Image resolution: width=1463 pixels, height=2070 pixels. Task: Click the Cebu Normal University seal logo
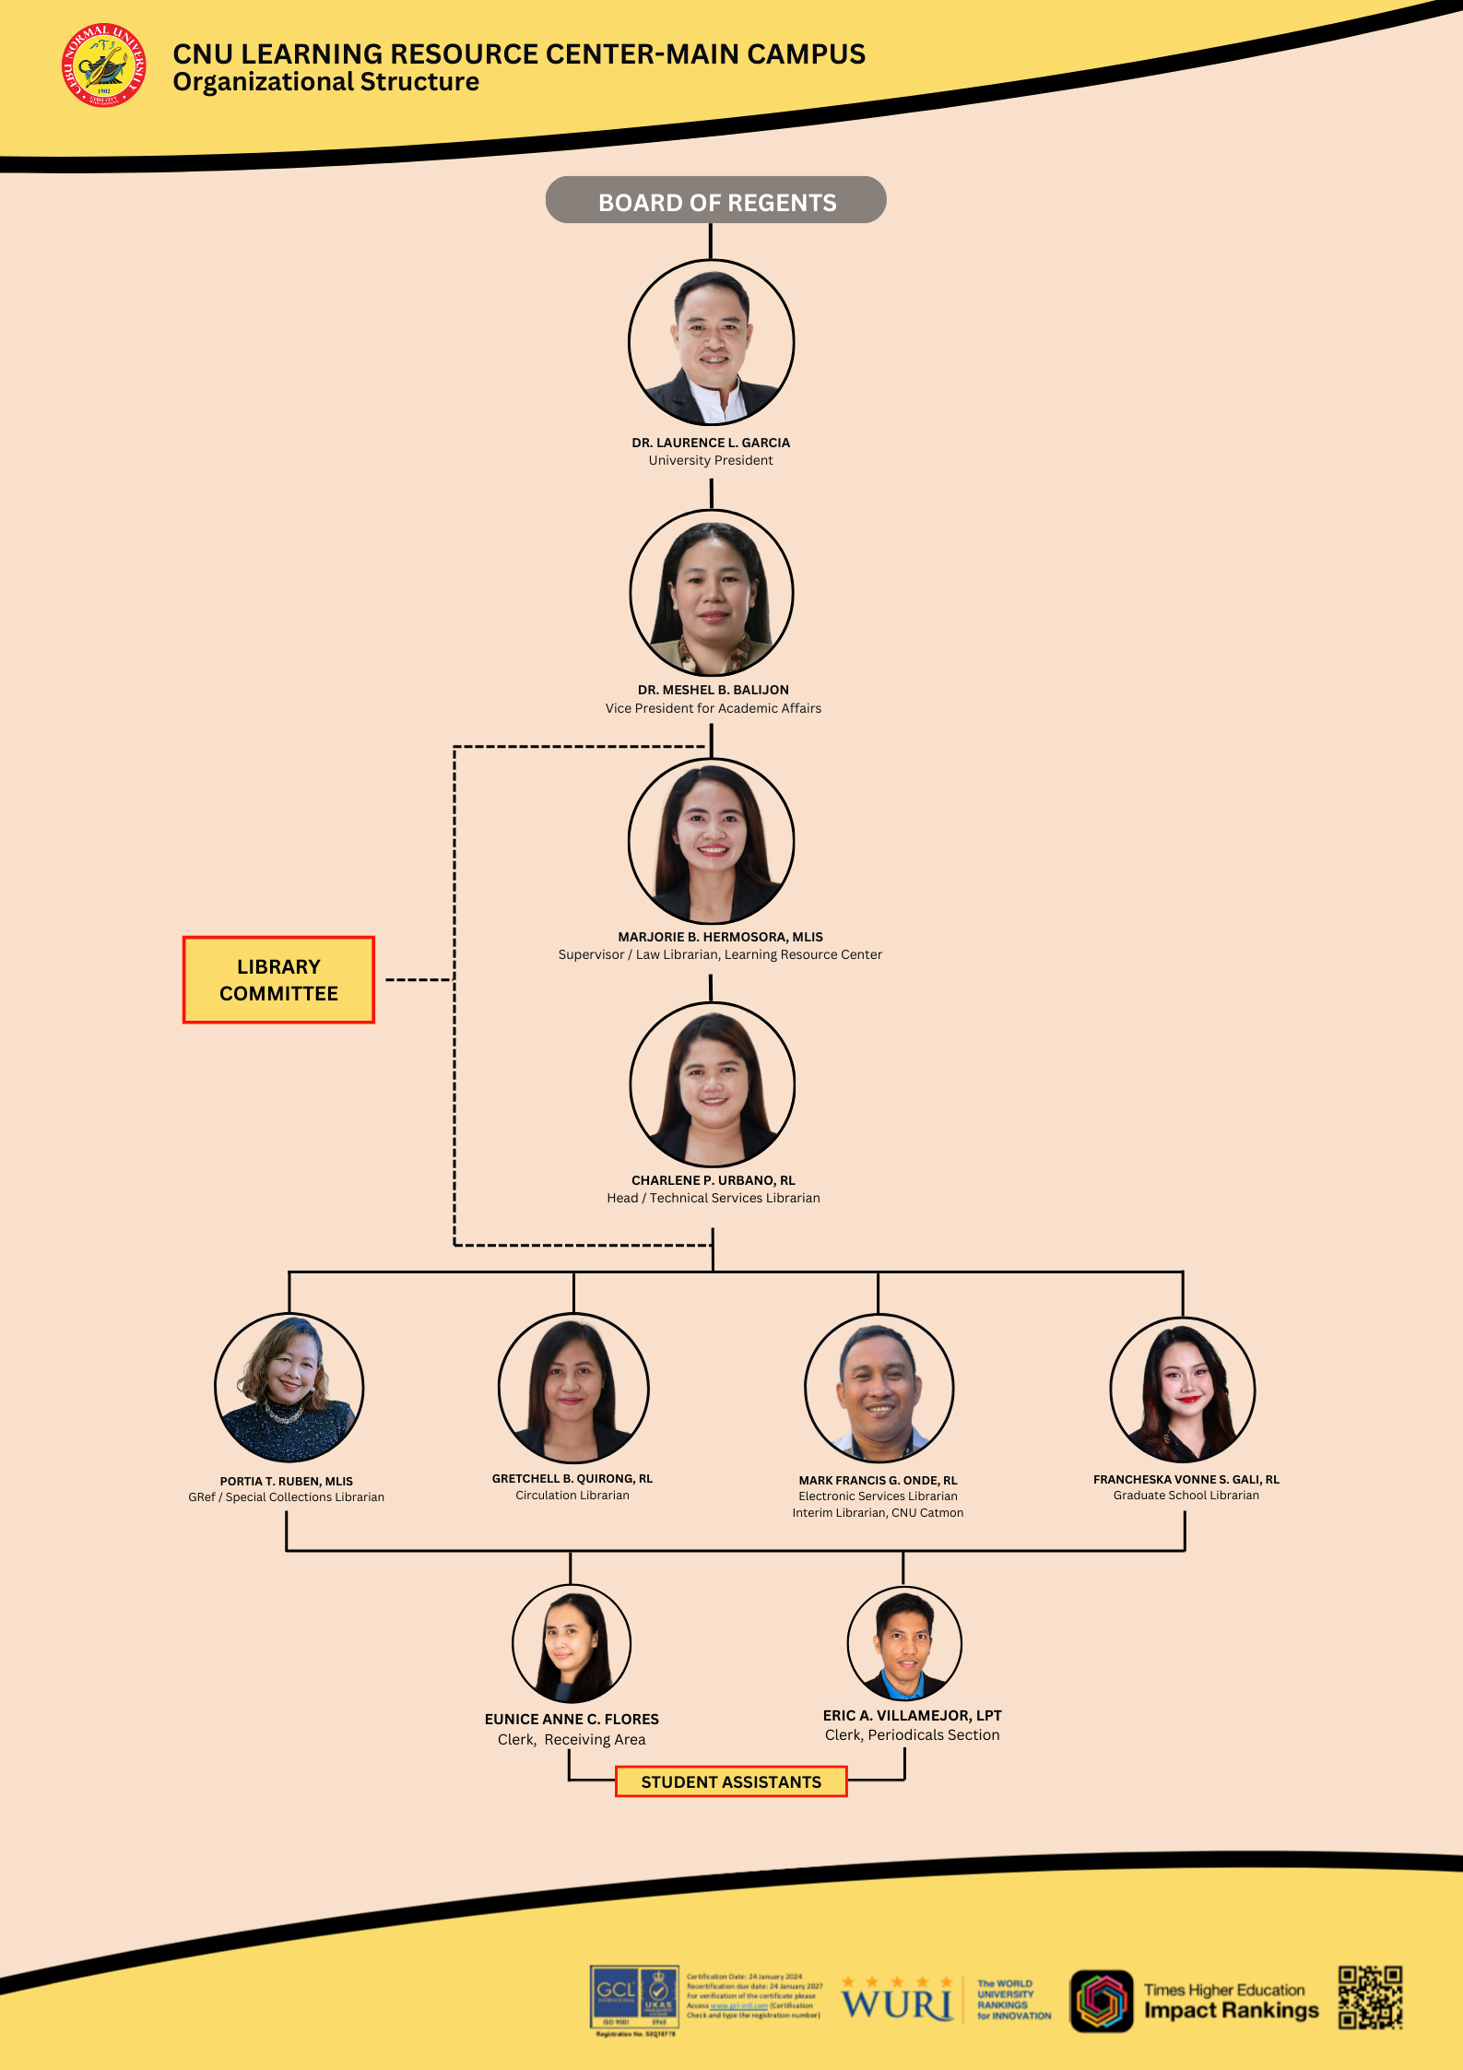click(x=103, y=65)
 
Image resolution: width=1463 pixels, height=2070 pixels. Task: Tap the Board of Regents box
click(x=715, y=201)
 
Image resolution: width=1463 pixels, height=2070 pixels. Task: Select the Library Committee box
click(x=278, y=979)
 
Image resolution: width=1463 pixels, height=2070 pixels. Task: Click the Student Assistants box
click(x=731, y=1781)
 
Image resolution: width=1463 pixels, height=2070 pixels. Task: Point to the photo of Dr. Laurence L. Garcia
click(x=711, y=342)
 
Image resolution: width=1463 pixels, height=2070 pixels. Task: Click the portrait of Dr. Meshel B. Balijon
click(x=711, y=593)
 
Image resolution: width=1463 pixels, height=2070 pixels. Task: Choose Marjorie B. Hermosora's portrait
click(x=711, y=840)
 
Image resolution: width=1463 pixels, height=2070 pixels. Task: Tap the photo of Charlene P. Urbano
click(x=712, y=1084)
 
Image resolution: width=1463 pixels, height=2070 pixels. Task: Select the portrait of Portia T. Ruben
click(x=289, y=1387)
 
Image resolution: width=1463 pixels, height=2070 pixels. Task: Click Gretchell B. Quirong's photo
click(x=573, y=1388)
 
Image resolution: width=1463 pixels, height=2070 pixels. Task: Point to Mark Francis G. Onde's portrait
click(x=879, y=1388)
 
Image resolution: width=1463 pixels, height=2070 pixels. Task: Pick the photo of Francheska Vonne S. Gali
click(x=1183, y=1389)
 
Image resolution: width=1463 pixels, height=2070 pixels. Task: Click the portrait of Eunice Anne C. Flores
click(x=572, y=1643)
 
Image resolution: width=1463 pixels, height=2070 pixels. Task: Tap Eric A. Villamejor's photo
click(x=904, y=1643)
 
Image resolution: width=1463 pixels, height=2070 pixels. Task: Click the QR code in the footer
click(x=1370, y=1997)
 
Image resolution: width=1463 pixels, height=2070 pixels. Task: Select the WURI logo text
click(x=896, y=2002)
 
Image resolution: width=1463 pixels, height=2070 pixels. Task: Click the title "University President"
click(x=711, y=460)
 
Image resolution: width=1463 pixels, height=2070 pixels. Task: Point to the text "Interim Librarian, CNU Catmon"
click(x=878, y=1512)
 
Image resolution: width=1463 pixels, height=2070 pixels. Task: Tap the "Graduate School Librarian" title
click(x=1186, y=1495)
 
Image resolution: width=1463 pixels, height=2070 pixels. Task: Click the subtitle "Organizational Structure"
click(x=325, y=82)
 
